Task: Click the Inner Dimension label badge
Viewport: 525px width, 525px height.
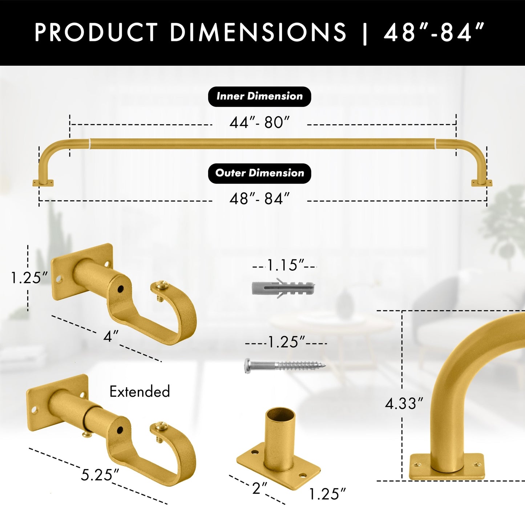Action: point(259,96)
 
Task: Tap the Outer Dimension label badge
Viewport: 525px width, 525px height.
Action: point(259,173)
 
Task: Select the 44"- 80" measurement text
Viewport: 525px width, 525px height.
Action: point(259,123)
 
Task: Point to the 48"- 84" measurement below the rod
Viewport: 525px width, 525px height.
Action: point(259,199)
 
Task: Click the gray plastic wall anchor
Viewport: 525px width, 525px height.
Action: point(283,288)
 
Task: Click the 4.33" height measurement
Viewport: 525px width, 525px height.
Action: point(404,404)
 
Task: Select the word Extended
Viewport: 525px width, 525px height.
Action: point(140,392)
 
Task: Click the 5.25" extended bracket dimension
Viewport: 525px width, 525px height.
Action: point(100,475)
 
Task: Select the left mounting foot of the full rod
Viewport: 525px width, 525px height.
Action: point(43,183)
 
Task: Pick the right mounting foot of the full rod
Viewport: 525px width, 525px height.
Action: point(481,183)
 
